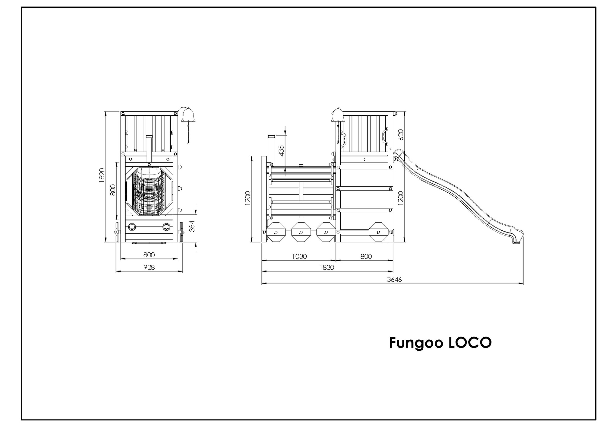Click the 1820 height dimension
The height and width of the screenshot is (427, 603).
click(102, 175)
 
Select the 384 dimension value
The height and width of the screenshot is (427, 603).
click(192, 226)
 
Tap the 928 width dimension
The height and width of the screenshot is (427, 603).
click(149, 267)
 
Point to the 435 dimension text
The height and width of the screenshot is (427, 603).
click(281, 151)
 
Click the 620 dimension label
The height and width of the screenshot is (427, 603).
click(400, 134)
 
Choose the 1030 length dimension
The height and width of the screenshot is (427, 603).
click(299, 256)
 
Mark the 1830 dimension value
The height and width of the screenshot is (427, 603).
click(327, 267)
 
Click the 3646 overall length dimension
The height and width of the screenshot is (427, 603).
click(394, 279)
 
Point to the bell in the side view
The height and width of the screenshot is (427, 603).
click(338, 115)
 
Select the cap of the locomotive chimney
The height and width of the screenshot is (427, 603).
click(272, 136)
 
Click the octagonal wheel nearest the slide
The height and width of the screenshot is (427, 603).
click(379, 232)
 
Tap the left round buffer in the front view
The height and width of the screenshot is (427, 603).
click(132, 227)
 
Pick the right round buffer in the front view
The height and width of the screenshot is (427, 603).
click(166, 227)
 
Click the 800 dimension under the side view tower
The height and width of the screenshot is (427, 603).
click(366, 256)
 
